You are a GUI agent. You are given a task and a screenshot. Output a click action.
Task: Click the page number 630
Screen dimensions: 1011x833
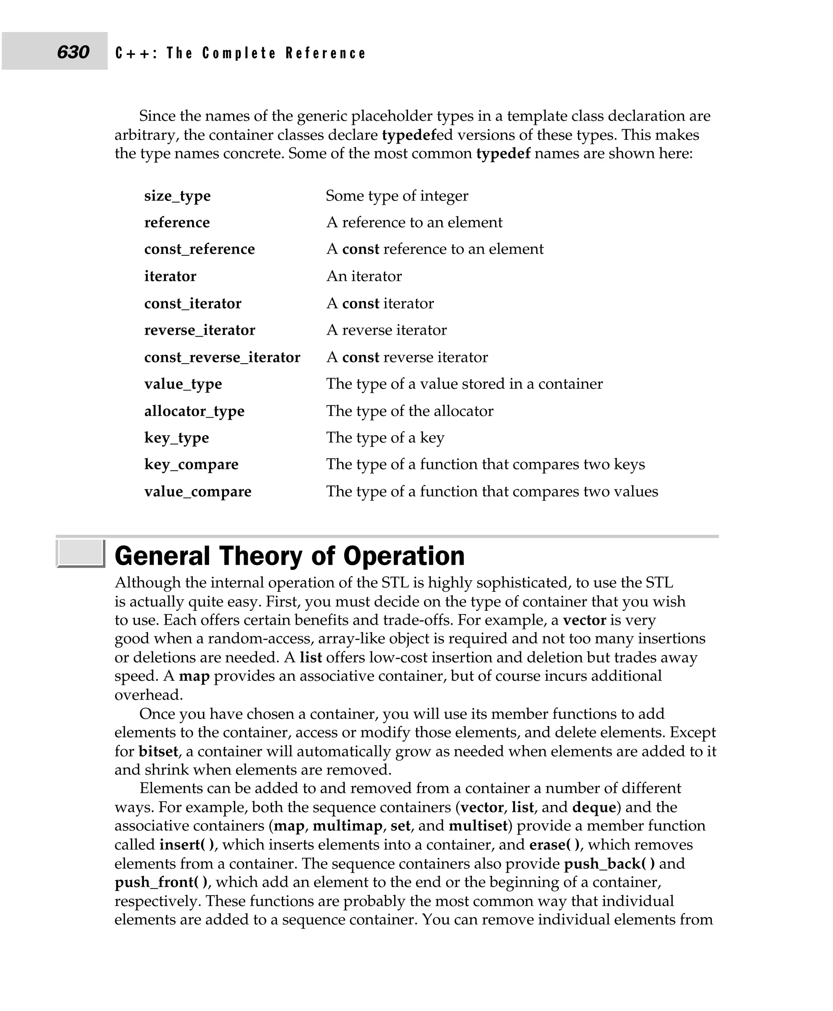pyautogui.click(x=73, y=52)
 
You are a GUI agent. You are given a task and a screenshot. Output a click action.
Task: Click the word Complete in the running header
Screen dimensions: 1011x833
pyautogui.click(x=239, y=53)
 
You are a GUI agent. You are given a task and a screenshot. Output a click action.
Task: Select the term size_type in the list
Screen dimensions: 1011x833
pyautogui.click(x=177, y=196)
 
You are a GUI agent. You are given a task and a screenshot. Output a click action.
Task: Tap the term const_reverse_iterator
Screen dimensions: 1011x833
pyautogui.click(x=222, y=357)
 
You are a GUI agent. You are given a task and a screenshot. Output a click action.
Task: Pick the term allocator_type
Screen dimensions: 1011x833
pyautogui.click(x=194, y=411)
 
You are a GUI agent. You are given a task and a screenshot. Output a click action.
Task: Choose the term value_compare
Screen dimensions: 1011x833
pyautogui.click(x=197, y=492)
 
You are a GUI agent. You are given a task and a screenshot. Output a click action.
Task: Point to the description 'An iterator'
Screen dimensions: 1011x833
pyautogui.click(x=364, y=277)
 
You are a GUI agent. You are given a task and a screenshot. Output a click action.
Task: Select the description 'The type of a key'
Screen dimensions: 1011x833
pyautogui.click(x=385, y=438)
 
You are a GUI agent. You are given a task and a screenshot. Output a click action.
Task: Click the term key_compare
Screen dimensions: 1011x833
pyautogui.click(x=191, y=464)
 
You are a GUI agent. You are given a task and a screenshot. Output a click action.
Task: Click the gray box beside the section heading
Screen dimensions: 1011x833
pyautogui.click(x=80, y=553)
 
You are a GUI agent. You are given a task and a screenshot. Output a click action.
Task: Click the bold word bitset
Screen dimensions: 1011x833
pyautogui.click(x=158, y=752)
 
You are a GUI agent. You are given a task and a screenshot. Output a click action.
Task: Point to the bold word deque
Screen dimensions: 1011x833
pyautogui.click(x=593, y=808)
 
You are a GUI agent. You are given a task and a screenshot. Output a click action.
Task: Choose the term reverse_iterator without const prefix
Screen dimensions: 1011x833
pyautogui.click(x=199, y=330)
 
